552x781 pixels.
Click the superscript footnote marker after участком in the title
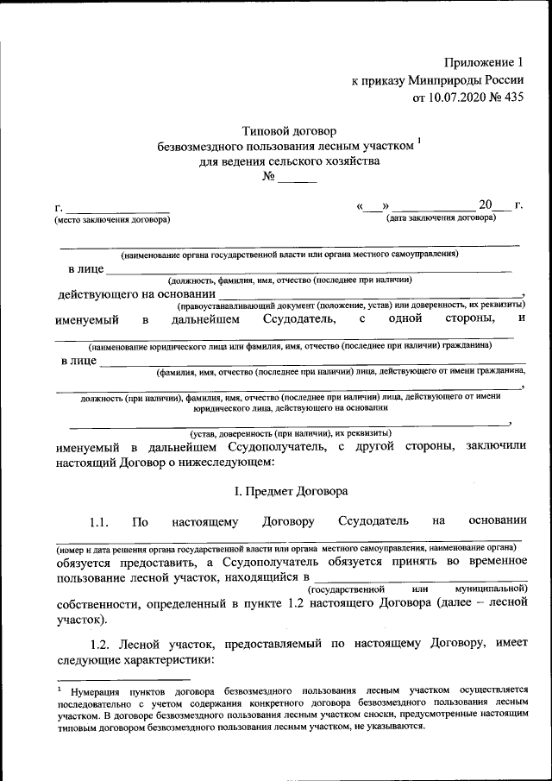click(418, 141)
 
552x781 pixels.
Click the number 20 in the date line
click(486, 205)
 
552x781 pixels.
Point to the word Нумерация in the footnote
click(101, 691)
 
